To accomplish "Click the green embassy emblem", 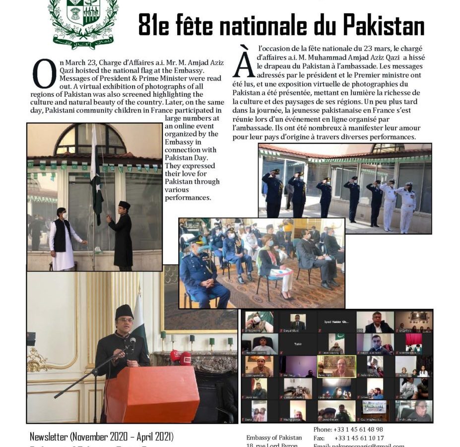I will (x=83, y=20).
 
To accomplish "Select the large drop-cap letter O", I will (x=44, y=73).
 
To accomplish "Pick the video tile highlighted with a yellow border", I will (x=336, y=366).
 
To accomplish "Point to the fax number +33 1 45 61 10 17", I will (x=358, y=438).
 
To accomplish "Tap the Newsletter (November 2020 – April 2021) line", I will (x=102, y=437).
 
